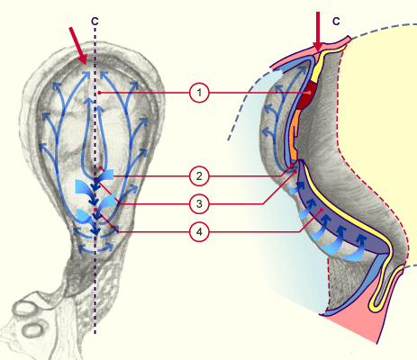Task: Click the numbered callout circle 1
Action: click(199, 93)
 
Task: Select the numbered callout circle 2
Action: click(199, 176)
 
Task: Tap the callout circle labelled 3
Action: click(199, 204)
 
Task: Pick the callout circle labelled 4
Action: click(199, 231)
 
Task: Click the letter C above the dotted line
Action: click(95, 21)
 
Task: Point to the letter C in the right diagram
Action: click(336, 21)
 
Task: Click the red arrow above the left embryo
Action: click(78, 46)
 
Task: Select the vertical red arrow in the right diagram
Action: click(318, 31)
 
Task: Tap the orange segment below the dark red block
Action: click(295, 134)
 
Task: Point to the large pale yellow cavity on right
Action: click(381, 120)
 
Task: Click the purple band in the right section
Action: click(342, 222)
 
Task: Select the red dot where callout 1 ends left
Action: click(99, 93)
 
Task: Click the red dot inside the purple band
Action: click(322, 210)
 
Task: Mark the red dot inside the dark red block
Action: click(309, 93)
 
